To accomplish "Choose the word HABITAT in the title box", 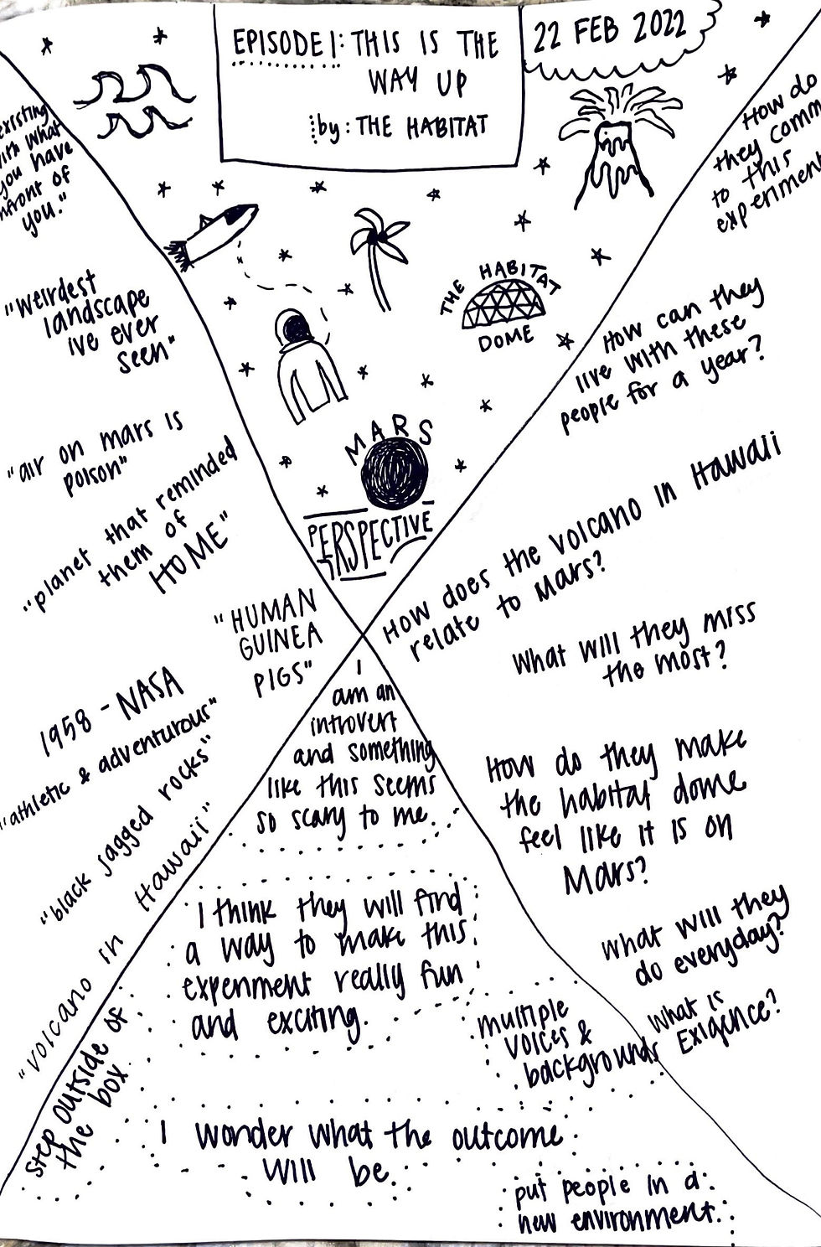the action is (x=447, y=127).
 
